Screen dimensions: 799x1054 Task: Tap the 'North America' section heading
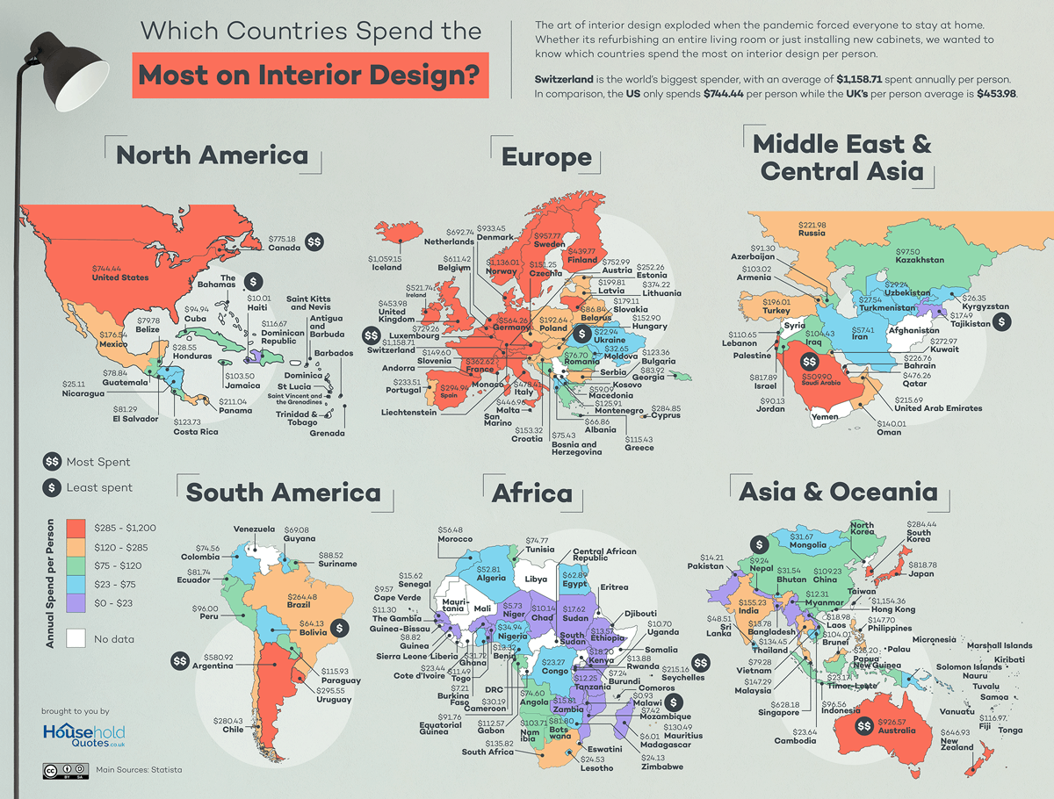point(212,155)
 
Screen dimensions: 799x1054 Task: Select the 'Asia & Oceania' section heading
point(838,492)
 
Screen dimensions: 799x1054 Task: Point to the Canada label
point(285,248)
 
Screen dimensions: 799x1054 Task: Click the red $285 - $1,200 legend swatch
point(76,527)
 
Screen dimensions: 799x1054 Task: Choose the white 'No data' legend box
point(76,639)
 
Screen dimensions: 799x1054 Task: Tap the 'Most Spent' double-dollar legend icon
point(53,462)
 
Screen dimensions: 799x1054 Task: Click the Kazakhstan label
point(920,260)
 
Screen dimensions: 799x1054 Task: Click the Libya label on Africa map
point(535,579)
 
